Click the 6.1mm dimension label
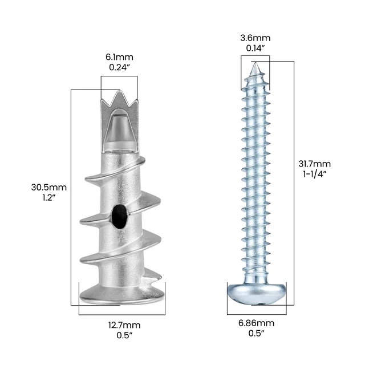(119, 57)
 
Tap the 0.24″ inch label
(119, 67)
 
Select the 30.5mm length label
(49, 188)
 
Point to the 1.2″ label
(49, 198)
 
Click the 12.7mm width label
(124, 325)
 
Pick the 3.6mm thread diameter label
(255, 38)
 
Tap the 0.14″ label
(255, 48)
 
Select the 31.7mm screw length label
(314, 164)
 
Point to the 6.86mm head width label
(256, 323)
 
